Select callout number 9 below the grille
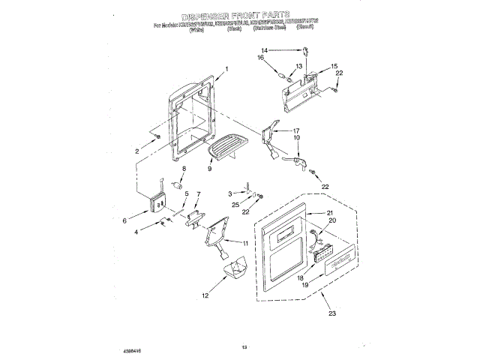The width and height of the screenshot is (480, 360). pos(209,169)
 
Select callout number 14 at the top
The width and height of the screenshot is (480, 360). pos(286,50)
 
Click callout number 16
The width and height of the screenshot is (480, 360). pos(283,58)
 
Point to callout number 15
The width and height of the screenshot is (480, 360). pos(333,66)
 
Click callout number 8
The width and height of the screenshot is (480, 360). pos(183,169)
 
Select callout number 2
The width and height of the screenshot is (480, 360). pos(137,151)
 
